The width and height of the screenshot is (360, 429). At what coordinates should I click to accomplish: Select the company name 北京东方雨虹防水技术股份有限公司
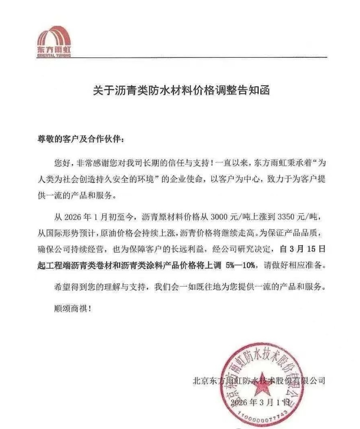(x=258, y=380)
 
